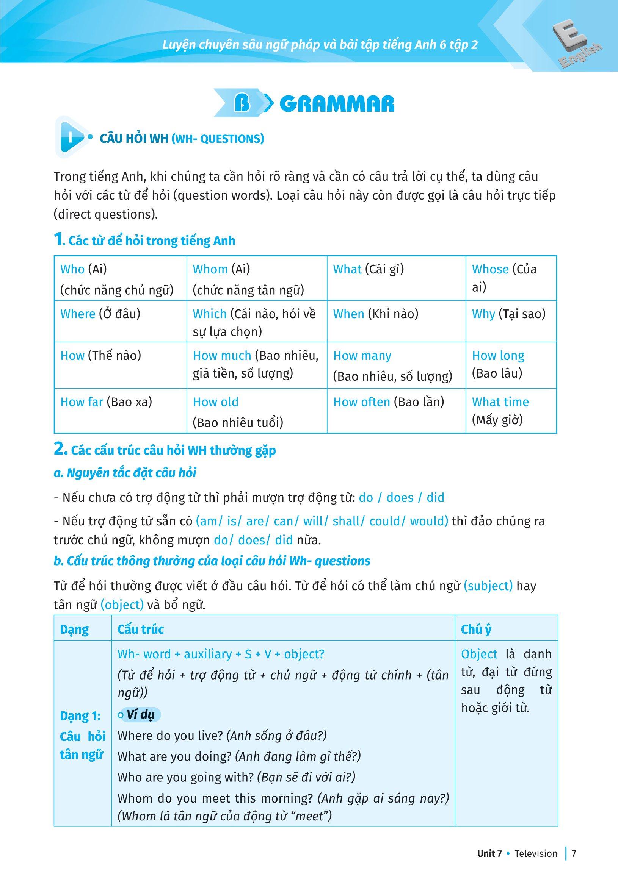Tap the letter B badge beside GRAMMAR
tap(242, 104)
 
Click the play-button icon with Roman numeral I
tap(72, 137)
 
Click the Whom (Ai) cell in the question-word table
tap(256, 278)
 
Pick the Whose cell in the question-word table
tap(510, 278)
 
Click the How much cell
tap(256, 364)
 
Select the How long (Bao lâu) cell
tap(510, 364)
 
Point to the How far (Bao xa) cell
tap(120, 410)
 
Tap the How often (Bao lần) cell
tap(396, 410)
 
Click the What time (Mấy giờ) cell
tap(510, 411)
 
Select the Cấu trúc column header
tap(141, 630)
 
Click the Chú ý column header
tap(476, 630)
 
